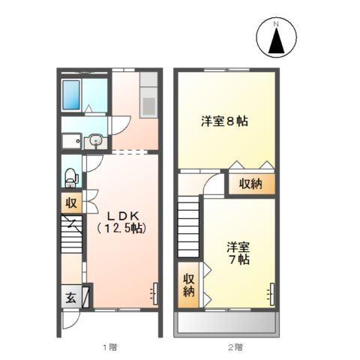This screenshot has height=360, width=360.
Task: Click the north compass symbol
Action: (275, 38)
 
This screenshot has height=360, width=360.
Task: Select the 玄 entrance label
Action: (70, 296)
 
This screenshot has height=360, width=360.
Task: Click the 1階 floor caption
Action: (109, 346)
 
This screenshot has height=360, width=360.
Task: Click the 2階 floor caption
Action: (235, 346)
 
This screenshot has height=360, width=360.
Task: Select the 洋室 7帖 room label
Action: (238, 252)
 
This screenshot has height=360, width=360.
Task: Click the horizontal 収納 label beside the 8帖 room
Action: (250, 184)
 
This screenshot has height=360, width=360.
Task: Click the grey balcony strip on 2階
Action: (227, 325)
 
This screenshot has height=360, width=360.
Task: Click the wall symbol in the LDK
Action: (154, 290)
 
